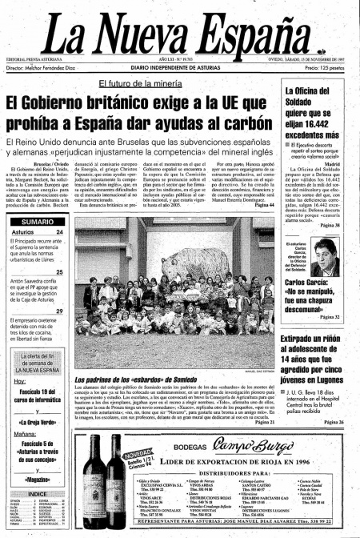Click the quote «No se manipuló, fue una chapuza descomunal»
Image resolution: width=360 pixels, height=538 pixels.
317,297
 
